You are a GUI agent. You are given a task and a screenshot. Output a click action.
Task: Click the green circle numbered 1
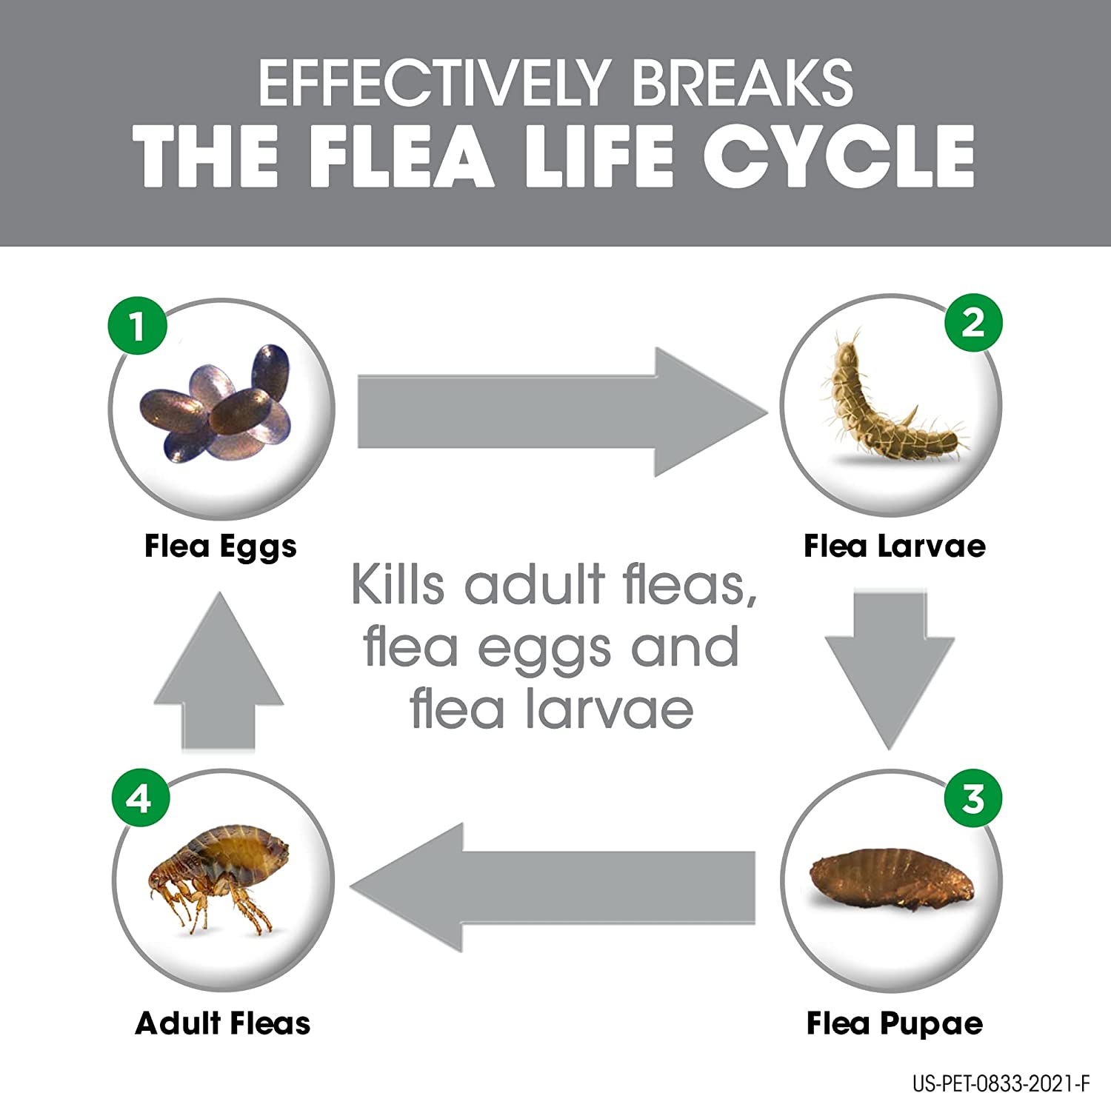tap(139, 326)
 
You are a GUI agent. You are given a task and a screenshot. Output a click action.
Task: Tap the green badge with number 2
tap(973, 323)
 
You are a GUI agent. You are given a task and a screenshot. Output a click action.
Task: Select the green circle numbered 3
tap(973, 799)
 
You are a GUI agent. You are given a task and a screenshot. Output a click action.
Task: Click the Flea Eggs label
tap(221, 546)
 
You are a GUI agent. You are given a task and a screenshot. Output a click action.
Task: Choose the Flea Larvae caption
tap(895, 546)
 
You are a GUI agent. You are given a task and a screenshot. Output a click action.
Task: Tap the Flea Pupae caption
tap(895, 1023)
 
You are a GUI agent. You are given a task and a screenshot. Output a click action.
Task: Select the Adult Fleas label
tap(223, 1023)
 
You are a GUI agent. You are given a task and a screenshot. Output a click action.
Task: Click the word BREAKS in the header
tap(742, 83)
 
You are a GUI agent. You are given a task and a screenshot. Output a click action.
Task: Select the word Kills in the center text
tap(398, 585)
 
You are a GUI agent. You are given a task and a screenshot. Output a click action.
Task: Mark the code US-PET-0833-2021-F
tap(1001, 1083)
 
